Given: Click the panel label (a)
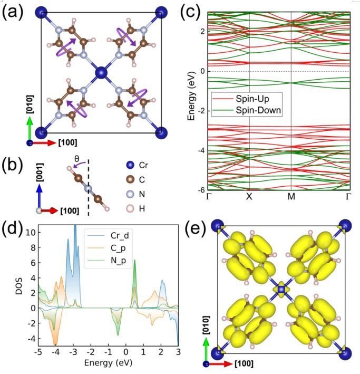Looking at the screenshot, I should [12, 13].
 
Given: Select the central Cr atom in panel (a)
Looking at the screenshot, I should [101, 72].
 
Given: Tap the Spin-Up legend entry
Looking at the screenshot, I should [248, 99].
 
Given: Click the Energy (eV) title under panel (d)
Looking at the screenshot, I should [108, 363].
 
